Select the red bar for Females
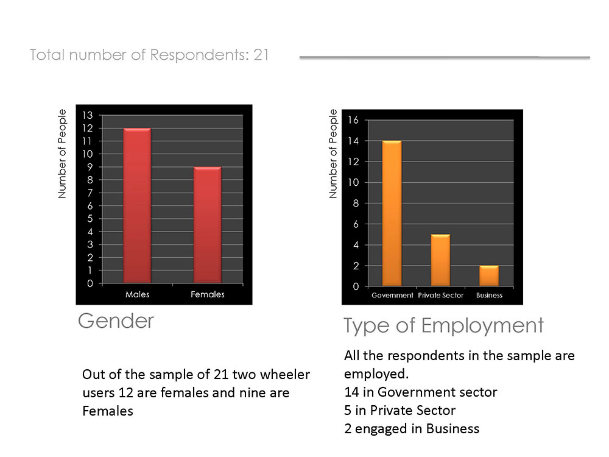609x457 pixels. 208,225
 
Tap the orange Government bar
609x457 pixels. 392,213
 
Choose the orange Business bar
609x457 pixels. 489,275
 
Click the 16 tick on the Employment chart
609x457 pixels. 353,120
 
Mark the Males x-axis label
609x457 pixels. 138,294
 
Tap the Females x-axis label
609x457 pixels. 208,294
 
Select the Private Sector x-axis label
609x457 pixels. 440,296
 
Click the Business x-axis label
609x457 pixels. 489,296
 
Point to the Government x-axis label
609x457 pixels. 392,296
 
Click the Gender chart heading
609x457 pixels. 116,321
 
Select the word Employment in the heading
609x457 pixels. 482,325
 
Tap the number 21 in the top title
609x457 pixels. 261,55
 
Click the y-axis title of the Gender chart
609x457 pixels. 62,154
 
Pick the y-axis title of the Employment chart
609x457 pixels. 333,154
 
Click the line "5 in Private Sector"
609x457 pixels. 400,410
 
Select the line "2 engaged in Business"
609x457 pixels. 412,428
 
